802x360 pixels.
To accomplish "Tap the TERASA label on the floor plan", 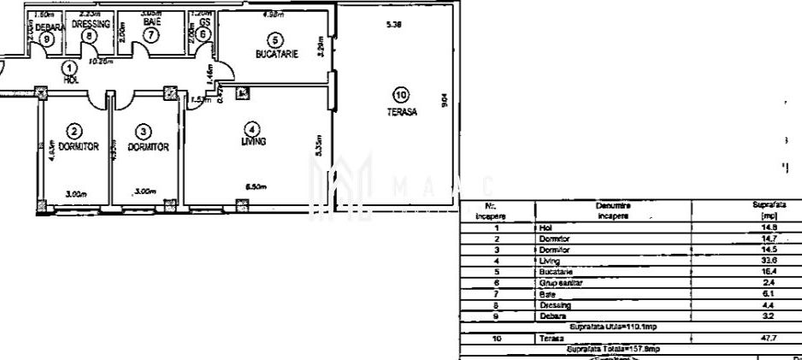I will (402, 112).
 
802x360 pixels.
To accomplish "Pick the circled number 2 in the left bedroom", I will (74, 131).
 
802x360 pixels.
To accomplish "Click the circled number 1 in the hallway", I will (71, 68).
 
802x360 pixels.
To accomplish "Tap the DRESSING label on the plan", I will (92, 25).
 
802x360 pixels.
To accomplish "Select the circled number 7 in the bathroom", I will (151, 35).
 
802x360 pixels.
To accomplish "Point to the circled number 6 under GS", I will (203, 34).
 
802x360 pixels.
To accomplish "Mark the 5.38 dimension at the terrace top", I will (394, 24).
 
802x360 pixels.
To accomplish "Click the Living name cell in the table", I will (549, 259).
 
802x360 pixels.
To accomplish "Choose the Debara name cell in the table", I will (551, 315).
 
